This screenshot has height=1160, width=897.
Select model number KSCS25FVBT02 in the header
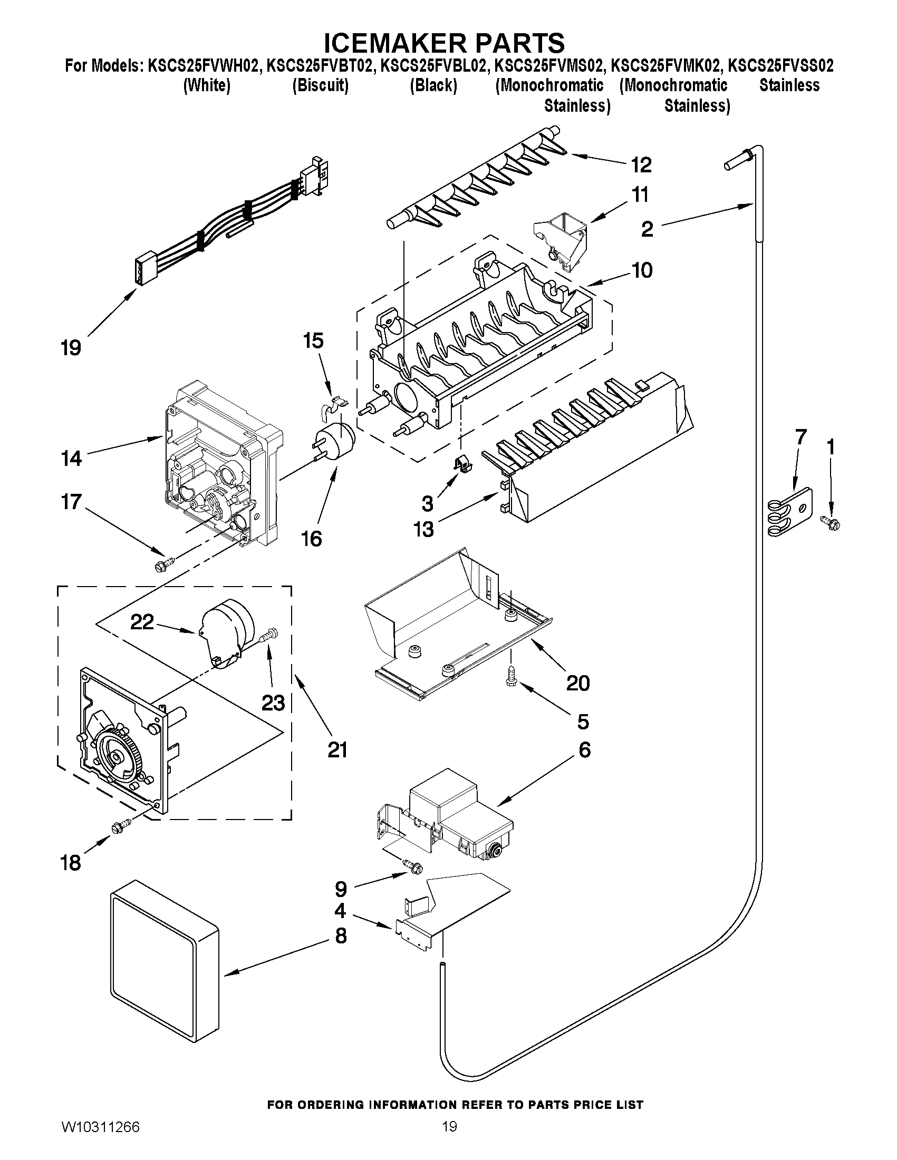coord(318,66)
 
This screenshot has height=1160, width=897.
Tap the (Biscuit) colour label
coord(321,85)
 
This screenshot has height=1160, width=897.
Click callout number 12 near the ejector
coord(641,165)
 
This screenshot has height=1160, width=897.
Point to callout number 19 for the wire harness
coord(71,348)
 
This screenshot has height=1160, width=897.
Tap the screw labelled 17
coord(163,564)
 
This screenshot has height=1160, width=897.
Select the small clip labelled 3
coord(461,464)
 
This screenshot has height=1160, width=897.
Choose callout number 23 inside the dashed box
coord(273,703)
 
